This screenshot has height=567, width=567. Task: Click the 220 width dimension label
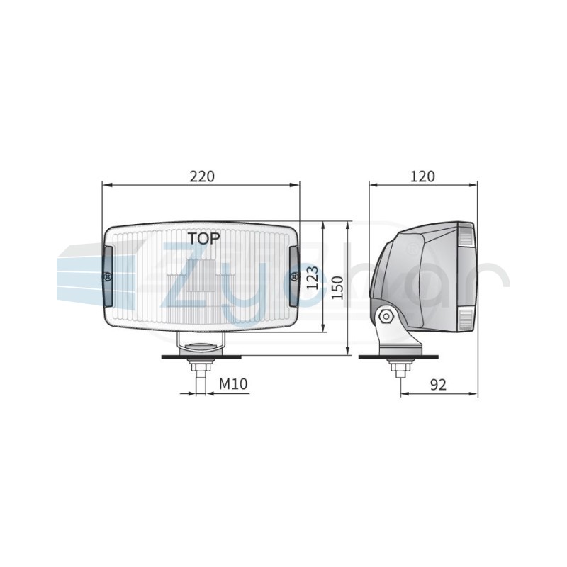point(202,176)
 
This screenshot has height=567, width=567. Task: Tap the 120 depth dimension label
point(422,176)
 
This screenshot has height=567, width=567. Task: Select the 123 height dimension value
point(312,278)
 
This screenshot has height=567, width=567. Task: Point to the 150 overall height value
point(337,288)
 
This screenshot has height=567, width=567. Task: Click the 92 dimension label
point(438,385)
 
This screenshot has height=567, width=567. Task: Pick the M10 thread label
point(233,383)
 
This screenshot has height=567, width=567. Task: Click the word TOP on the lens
point(203,238)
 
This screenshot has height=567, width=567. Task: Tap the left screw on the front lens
point(108,276)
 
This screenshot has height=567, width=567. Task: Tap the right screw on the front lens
point(295,276)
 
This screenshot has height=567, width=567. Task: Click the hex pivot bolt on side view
point(386,316)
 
